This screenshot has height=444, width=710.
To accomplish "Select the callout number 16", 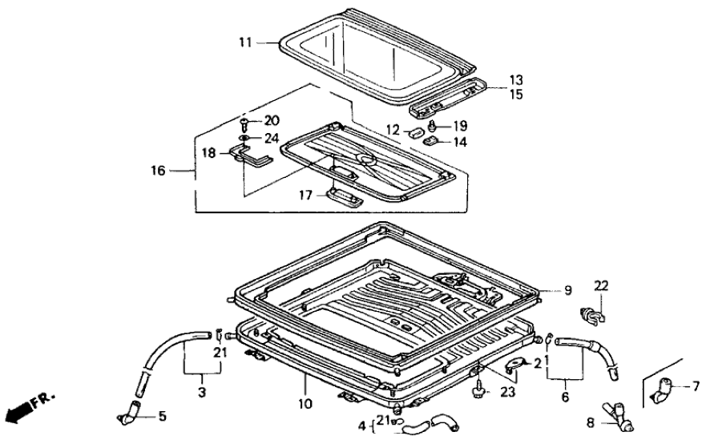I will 157,171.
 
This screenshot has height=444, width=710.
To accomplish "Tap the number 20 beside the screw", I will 272,121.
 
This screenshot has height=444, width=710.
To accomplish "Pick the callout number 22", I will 601,286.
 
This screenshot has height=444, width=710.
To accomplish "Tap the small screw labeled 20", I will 244,123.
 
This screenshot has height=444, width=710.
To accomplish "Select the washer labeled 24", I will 244,137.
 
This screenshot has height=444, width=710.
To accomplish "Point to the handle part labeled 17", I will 343,196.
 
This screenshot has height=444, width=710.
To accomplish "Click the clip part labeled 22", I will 591,314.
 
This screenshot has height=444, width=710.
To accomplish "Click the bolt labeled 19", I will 434,125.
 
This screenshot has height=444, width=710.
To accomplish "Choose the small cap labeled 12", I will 417,132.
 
